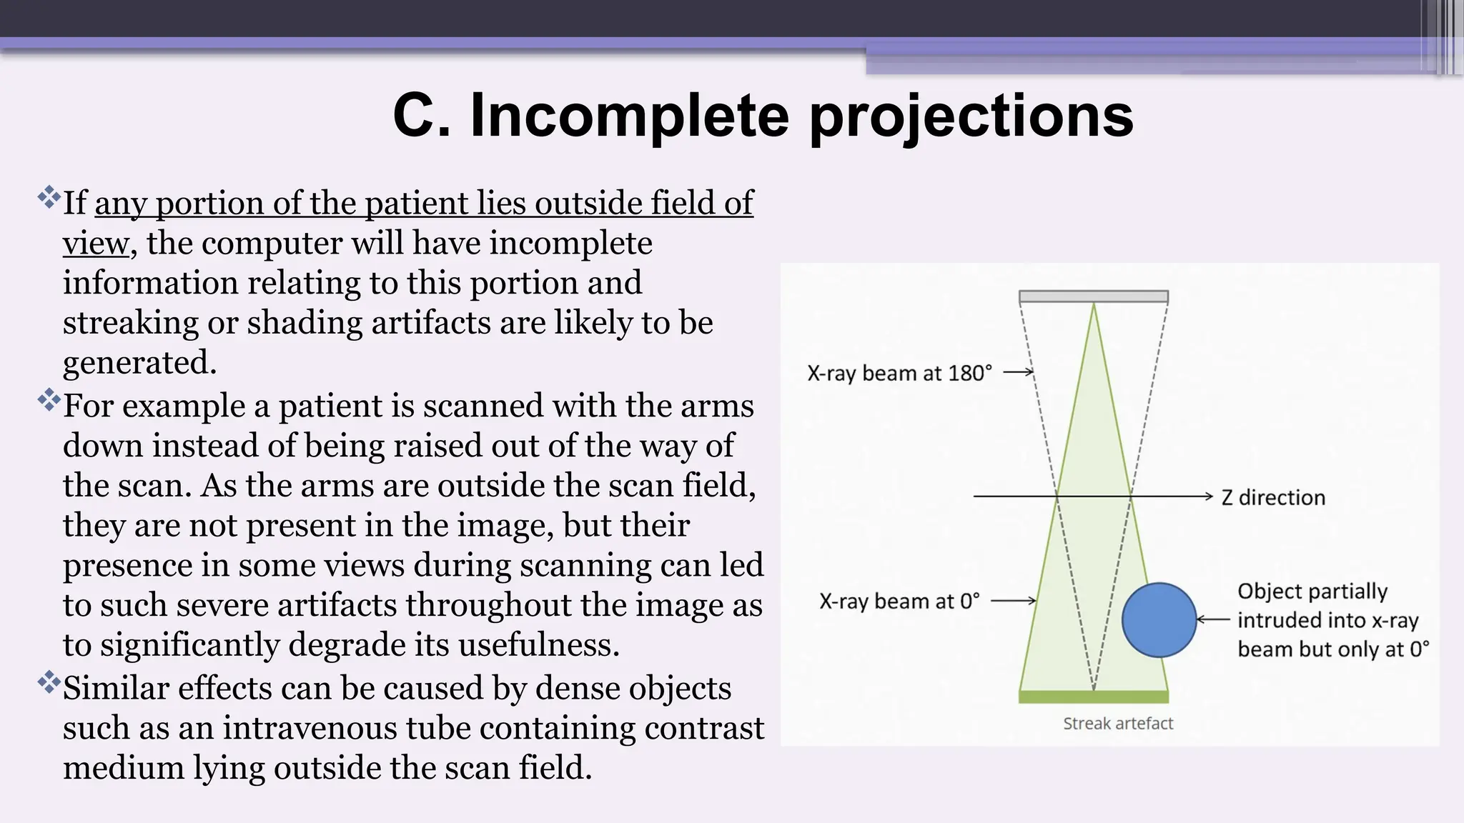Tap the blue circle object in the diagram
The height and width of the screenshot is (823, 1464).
click(x=1159, y=620)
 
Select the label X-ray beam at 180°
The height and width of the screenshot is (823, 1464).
click(x=899, y=373)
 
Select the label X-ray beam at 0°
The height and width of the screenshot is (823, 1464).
click(x=899, y=602)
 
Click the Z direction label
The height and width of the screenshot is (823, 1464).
click(x=1272, y=497)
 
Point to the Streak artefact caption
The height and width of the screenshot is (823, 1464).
click(x=1117, y=724)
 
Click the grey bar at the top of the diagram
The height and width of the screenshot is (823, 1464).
click(x=1093, y=296)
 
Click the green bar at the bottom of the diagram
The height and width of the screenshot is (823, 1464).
click(x=1093, y=697)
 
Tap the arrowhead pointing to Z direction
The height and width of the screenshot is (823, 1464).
click(x=1208, y=496)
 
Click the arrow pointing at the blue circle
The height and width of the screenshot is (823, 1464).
click(x=1213, y=619)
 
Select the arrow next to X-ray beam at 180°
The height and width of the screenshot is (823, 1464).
click(x=1019, y=371)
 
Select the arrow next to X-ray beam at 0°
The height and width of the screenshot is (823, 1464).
click(x=1013, y=601)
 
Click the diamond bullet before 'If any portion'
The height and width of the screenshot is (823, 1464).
click(x=49, y=196)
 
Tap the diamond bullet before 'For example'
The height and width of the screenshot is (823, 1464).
click(x=49, y=399)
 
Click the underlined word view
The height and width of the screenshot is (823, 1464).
click(x=95, y=244)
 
